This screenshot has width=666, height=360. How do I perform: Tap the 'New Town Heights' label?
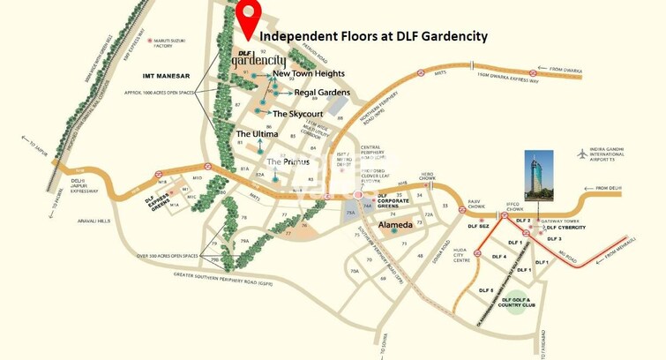pos(309,74)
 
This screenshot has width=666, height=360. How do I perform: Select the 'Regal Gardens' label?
pos(322,93)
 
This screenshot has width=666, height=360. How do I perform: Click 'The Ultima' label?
pos(257,134)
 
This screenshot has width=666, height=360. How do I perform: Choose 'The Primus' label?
pos(288,161)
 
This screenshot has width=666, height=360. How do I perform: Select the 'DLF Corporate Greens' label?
pos(396,202)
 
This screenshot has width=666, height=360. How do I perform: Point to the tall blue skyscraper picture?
pos(538,175)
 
